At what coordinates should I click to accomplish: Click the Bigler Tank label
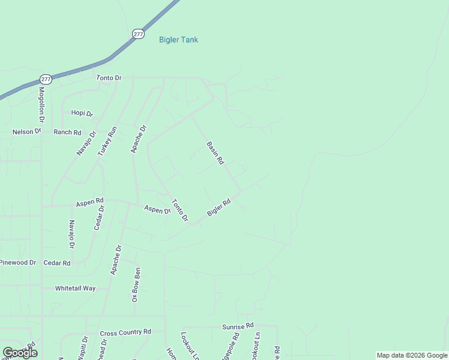(178, 40)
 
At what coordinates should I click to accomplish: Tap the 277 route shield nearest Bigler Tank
(139, 34)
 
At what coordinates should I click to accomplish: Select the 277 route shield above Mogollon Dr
(46, 79)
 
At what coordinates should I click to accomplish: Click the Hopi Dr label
(82, 113)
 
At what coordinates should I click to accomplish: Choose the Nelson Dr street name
(27, 131)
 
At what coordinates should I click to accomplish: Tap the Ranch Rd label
(67, 132)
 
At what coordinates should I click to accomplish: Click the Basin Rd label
(215, 153)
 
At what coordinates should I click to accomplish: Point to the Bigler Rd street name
(219, 208)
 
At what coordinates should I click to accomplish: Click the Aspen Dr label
(157, 210)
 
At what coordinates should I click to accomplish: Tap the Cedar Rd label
(57, 263)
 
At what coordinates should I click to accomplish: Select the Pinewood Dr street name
(18, 263)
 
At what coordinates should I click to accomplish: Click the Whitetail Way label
(76, 289)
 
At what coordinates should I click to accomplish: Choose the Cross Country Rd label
(125, 332)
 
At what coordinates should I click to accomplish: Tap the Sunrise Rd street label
(235, 327)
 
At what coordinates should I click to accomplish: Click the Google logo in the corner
(20, 353)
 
